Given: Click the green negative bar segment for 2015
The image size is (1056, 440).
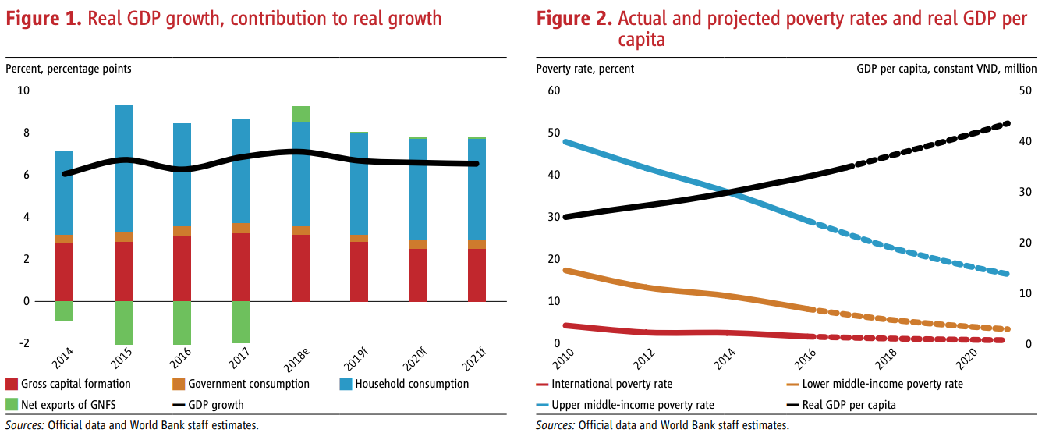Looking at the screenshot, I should click(123, 322).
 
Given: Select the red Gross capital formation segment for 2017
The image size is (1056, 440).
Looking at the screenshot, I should click(241, 267).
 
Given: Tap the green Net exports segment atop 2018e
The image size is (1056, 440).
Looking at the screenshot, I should click(300, 115).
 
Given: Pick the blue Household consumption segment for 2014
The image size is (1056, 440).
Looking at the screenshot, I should click(64, 193).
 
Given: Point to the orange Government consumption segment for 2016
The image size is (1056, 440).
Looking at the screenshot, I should click(182, 231).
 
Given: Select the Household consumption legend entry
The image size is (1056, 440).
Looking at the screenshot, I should click(412, 384).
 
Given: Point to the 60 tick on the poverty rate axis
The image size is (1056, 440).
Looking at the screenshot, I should click(555, 90).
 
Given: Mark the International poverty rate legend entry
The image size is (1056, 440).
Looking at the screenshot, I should click(611, 384).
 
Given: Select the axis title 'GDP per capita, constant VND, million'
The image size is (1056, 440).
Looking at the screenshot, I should click(946, 69).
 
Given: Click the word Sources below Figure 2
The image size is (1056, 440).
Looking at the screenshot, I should click(555, 425).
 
